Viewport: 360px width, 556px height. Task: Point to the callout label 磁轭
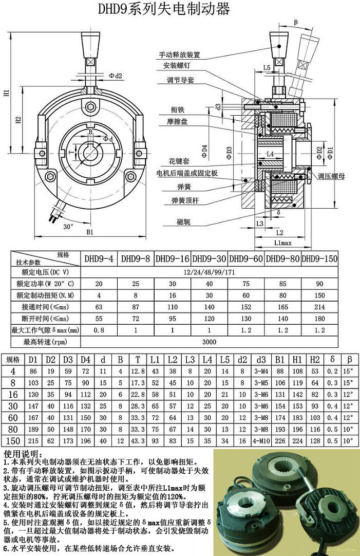click(183, 221)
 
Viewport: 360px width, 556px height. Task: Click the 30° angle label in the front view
click(69, 226)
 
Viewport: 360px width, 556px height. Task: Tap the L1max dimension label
click(282, 242)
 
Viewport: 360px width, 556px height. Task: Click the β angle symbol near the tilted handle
click(296, 22)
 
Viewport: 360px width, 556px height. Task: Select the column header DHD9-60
click(247, 258)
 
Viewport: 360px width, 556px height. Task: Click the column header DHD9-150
click(319, 258)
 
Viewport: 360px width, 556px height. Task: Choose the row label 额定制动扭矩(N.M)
click(46, 295)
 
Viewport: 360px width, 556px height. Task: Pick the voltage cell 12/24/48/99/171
click(209, 271)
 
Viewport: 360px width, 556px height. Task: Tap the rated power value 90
click(319, 283)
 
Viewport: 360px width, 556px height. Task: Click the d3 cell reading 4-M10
click(261, 441)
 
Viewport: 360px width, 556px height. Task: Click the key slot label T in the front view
click(71, 153)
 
